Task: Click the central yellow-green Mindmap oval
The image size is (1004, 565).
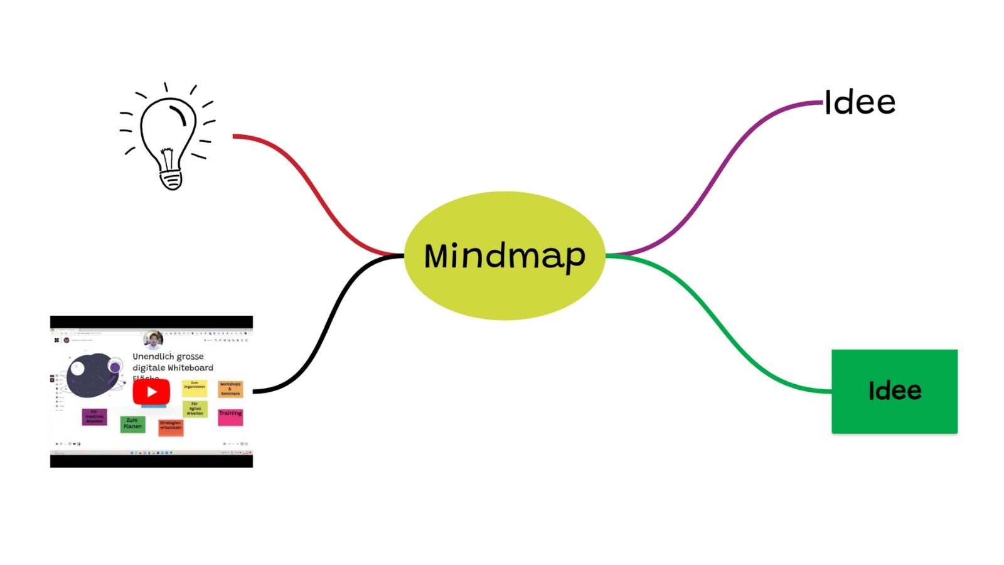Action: click(504, 256)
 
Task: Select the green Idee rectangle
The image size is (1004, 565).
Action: click(894, 391)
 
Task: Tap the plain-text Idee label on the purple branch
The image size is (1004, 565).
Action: click(860, 102)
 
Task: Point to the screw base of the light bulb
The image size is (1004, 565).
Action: click(171, 180)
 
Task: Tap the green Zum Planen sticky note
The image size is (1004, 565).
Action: click(132, 424)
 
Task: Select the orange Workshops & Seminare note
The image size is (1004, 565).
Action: click(230, 389)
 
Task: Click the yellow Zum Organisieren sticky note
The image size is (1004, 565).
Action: click(194, 387)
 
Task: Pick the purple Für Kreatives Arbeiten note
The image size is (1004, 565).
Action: click(94, 417)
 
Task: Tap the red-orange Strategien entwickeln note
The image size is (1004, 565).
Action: click(170, 427)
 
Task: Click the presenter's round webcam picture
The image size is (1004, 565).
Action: click(153, 340)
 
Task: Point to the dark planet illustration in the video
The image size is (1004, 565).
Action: click(92, 376)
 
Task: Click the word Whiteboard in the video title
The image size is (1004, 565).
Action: click(191, 368)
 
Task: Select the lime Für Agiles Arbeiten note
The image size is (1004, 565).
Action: click(195, 409)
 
